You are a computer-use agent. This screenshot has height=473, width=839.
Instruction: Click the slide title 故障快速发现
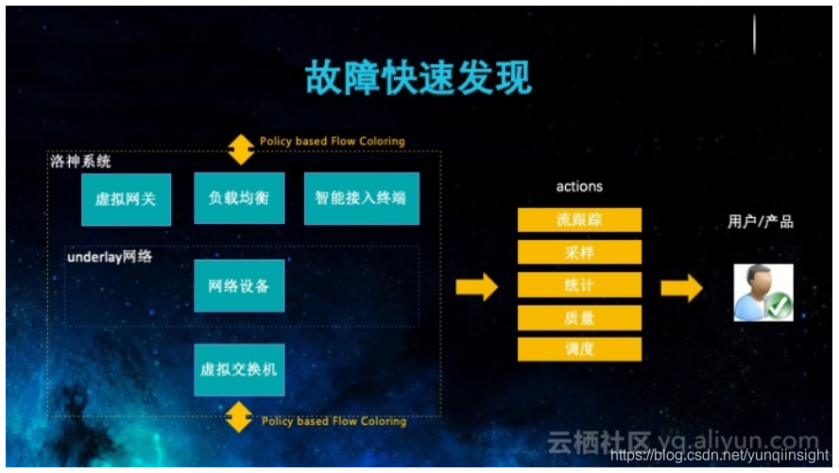(x=419, y=78)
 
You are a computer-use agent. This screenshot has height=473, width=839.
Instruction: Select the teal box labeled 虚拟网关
(x=126, y=199)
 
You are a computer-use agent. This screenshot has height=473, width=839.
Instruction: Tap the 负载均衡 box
(x=239, y=198)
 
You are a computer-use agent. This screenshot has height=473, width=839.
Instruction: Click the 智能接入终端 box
(x=361, y=198)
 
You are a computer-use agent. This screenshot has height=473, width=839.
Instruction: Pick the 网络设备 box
(x=239, y=285)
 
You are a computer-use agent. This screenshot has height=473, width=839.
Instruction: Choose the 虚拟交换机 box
(x=239, y=368)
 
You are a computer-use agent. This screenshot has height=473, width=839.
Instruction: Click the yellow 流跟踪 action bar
(x=579, y=220)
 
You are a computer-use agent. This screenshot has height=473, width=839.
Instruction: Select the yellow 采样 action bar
(x=579, y=252)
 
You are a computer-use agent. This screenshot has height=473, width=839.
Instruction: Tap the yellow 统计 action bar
(x=579, y=284)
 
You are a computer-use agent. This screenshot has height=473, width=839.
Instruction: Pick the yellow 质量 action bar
(x=579, y=317)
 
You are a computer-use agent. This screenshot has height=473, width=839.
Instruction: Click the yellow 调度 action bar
(x=579, y=348)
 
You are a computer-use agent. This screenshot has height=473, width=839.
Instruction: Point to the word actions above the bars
(x=579, y=187)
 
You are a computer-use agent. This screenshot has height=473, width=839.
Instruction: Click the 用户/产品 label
(x=761, y=222)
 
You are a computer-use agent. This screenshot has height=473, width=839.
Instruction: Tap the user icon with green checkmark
(x=763, y=293)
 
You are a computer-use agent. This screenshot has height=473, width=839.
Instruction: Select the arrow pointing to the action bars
(x=476, y=286)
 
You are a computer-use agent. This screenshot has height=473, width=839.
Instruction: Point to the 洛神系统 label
(x=80, y=161)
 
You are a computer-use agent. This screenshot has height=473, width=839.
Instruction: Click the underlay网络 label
(x=110, y=256)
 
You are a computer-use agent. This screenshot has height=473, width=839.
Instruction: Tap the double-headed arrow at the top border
(x=241, y=149)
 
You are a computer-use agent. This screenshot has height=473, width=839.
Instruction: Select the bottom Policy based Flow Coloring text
(x=334, y=421)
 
